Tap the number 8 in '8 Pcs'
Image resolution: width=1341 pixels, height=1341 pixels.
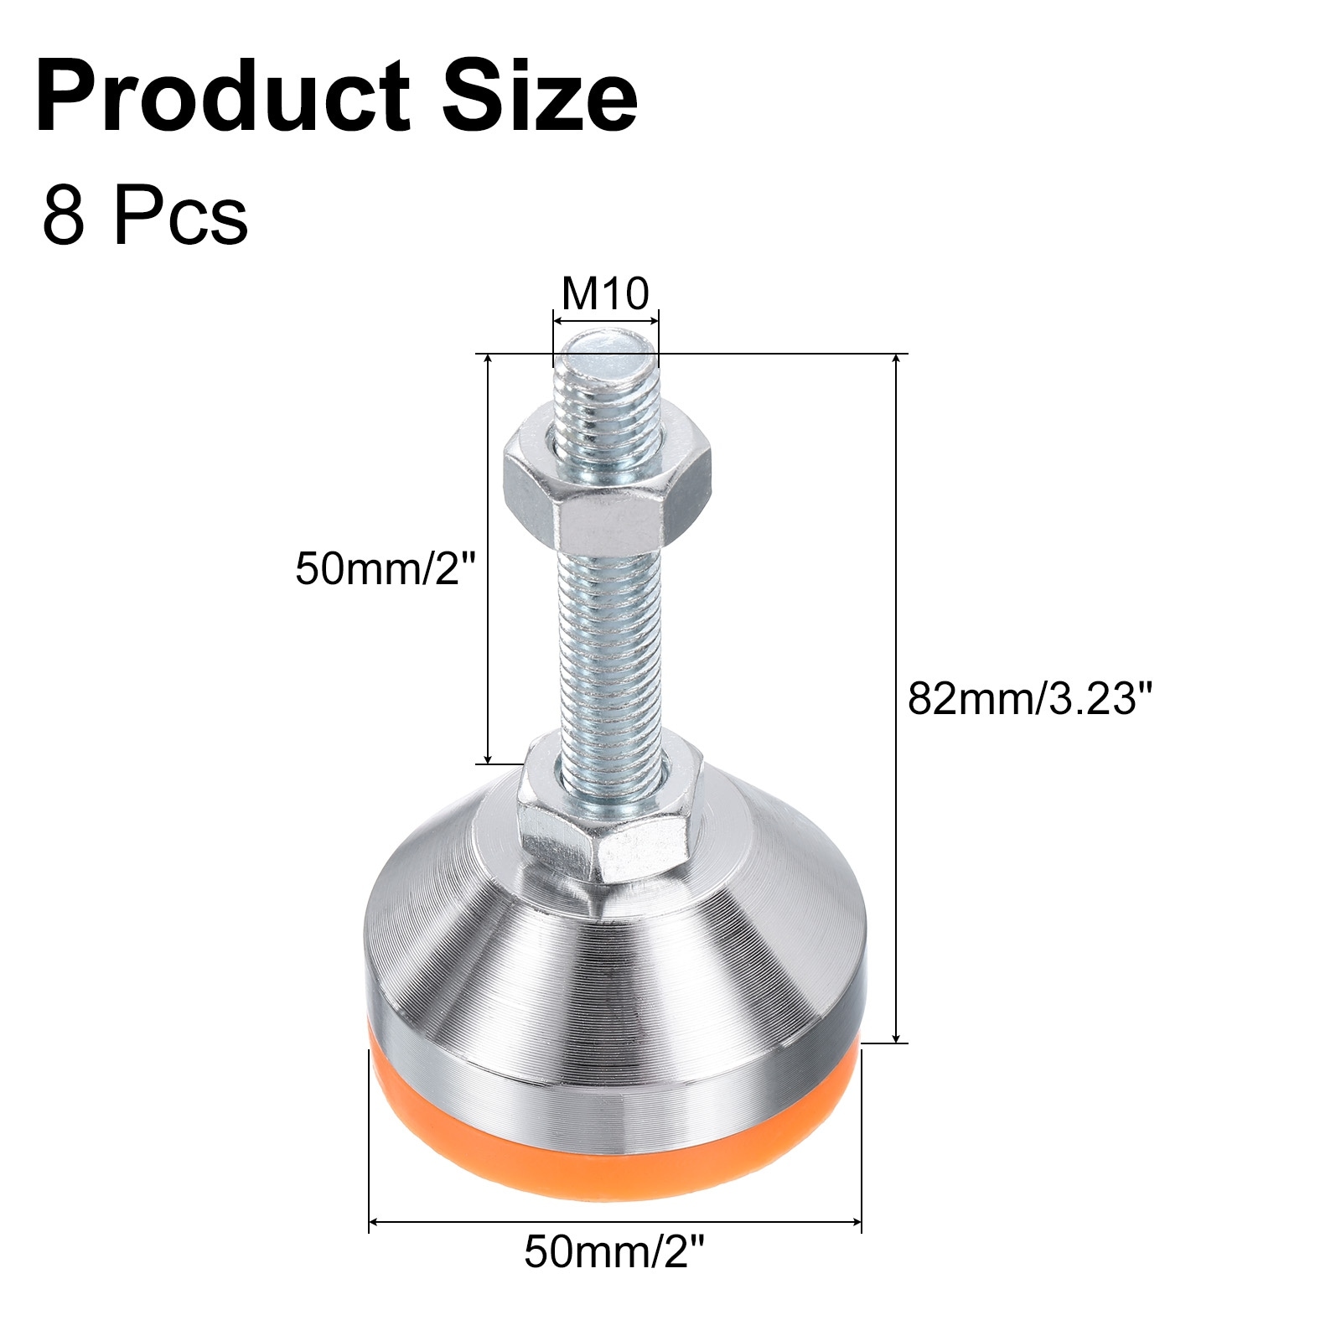[x=63, y=217]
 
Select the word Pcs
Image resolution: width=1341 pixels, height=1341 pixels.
[x=181, y=217]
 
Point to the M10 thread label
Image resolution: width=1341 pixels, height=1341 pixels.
[x=605, y=293]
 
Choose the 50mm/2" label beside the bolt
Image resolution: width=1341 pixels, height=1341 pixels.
[x=386, y=569]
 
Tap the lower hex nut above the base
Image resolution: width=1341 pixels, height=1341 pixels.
[x=607, y=810]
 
